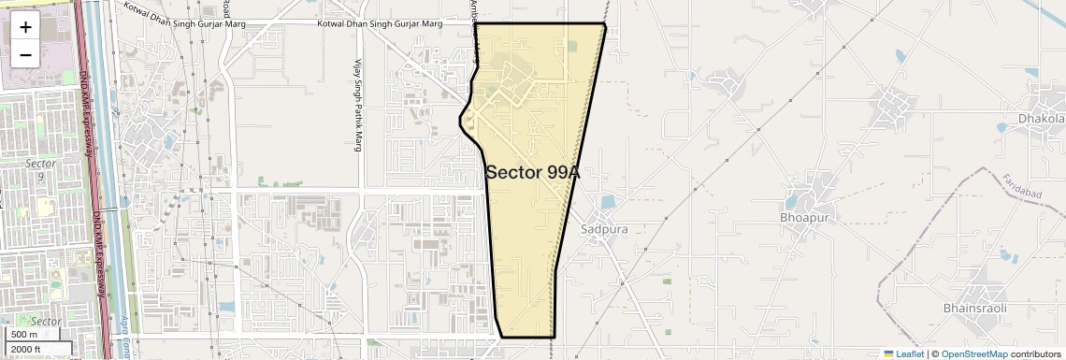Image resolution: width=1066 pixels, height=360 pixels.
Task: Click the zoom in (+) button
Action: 25,27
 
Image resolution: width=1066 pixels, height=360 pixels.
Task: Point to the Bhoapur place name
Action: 804,218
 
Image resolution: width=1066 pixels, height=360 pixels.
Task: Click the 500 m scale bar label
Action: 24,335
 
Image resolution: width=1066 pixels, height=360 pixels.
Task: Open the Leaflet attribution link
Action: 909,354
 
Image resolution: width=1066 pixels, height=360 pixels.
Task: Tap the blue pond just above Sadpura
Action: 609,201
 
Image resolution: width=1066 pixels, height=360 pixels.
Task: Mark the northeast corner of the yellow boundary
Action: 605,24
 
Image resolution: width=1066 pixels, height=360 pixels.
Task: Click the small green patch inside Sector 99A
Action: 571,46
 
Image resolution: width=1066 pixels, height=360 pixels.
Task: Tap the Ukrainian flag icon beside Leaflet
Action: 889,354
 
